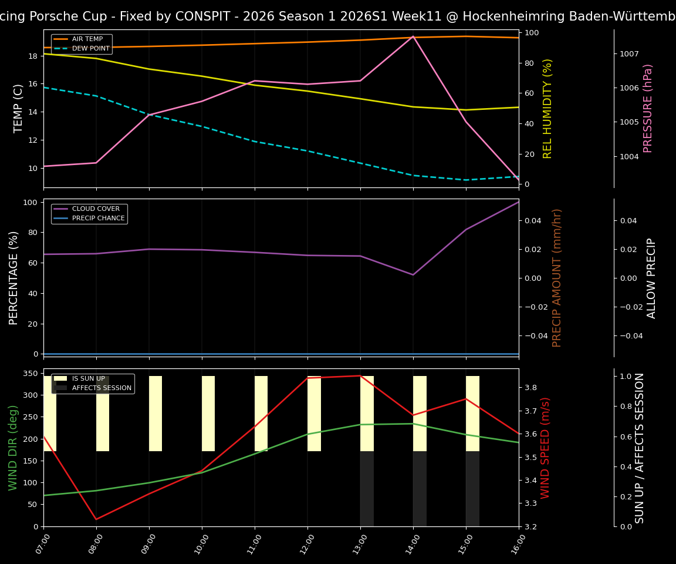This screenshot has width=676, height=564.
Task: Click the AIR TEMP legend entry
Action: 87,39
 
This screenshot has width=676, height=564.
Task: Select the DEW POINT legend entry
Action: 90,48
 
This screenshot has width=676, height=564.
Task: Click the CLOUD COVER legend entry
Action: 96,209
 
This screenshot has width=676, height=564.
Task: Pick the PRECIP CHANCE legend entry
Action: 98,219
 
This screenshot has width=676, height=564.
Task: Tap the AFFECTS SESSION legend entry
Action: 102,388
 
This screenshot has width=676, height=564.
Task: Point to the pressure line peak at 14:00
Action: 413,36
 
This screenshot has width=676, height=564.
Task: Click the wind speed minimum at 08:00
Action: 96,519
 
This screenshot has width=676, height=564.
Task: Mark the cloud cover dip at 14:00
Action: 413,274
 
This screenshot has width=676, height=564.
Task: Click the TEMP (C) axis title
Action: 19,108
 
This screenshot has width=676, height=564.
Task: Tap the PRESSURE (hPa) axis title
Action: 648,108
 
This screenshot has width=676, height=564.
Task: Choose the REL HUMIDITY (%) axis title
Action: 547,108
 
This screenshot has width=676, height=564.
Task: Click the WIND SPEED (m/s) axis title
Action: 546,448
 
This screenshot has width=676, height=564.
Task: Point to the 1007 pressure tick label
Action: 630,53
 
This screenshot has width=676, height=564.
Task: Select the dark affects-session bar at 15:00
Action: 472,489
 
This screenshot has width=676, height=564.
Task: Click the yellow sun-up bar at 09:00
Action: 156,414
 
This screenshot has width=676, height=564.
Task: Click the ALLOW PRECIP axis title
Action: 651,278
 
